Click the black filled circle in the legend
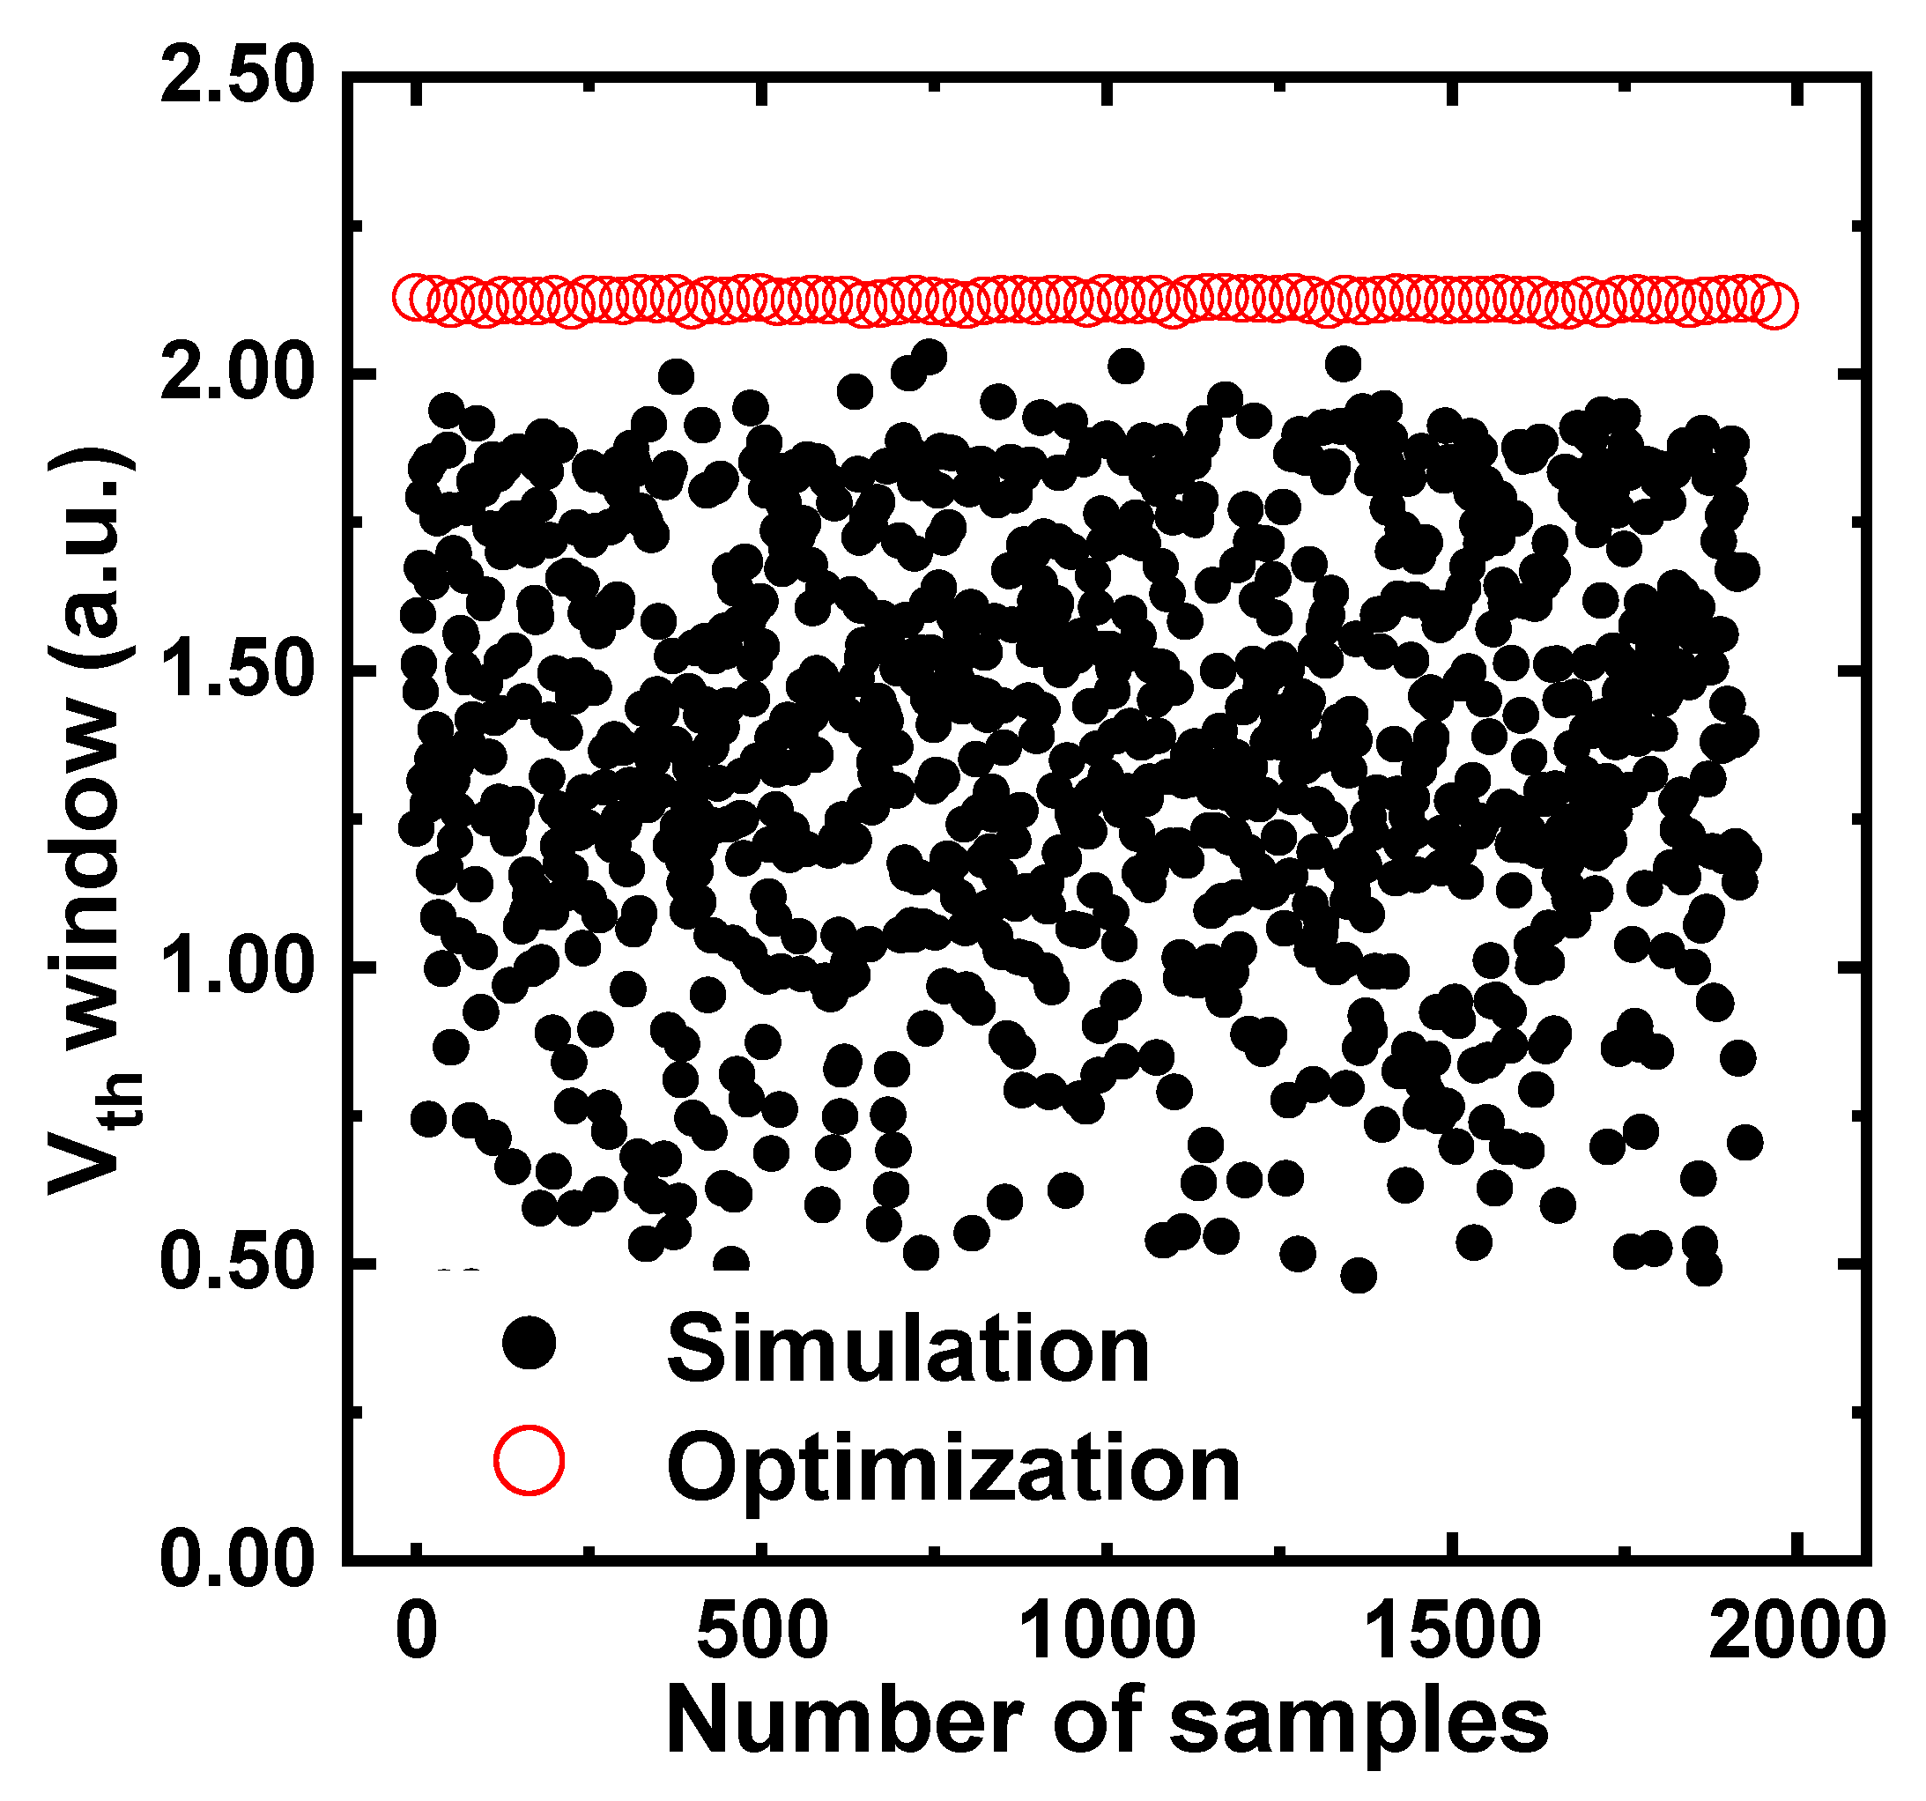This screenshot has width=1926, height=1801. (529, 1344)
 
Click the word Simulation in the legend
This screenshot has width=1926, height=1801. (907, 1350)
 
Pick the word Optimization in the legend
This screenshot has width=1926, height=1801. (953, 1470)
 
